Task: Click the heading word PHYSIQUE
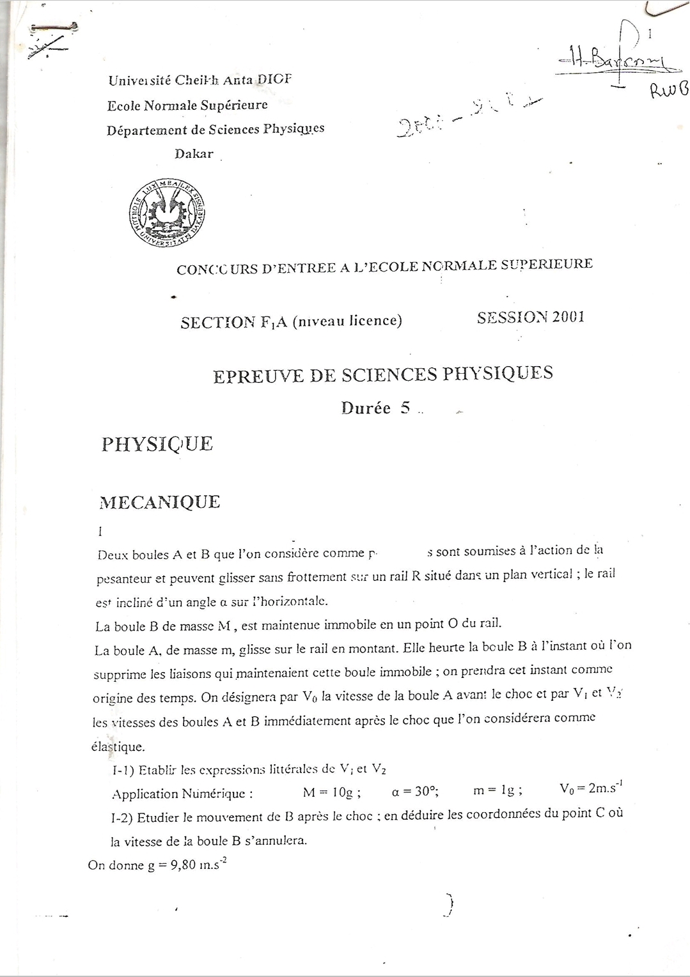(x=157, y=444)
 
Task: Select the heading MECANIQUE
(x=159, y=502)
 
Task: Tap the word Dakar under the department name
(x=194, y=154)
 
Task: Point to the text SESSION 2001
(x=531, y=318)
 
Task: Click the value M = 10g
(x=331, y=792)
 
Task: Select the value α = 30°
(x=414, y=791)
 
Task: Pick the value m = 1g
(x=497, y=790)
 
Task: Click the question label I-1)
(x=123, y=771)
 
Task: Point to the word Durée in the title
(x=366, y=408)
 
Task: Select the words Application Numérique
(x=182, y=794)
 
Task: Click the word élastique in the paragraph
(x=118, y=746)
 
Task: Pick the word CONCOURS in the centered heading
(x=217, y=269)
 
